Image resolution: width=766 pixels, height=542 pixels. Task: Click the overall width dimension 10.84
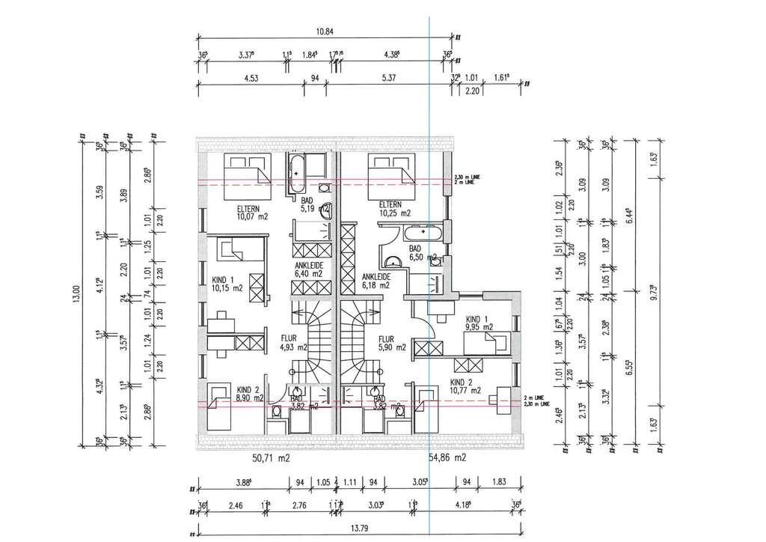[x=324, y=31]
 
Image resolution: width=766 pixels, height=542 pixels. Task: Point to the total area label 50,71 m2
[x=270, y=457]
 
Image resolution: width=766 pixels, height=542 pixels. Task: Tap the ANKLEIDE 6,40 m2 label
[x=308, y=269]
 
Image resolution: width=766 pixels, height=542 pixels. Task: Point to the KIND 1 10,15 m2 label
[x=227, y=282]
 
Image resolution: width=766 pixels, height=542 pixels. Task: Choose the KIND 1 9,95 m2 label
[x=477, y=322]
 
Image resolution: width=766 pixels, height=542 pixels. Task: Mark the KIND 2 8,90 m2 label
[x=248, y=394]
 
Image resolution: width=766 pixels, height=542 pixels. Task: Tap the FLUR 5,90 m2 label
[x=391, y=342]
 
